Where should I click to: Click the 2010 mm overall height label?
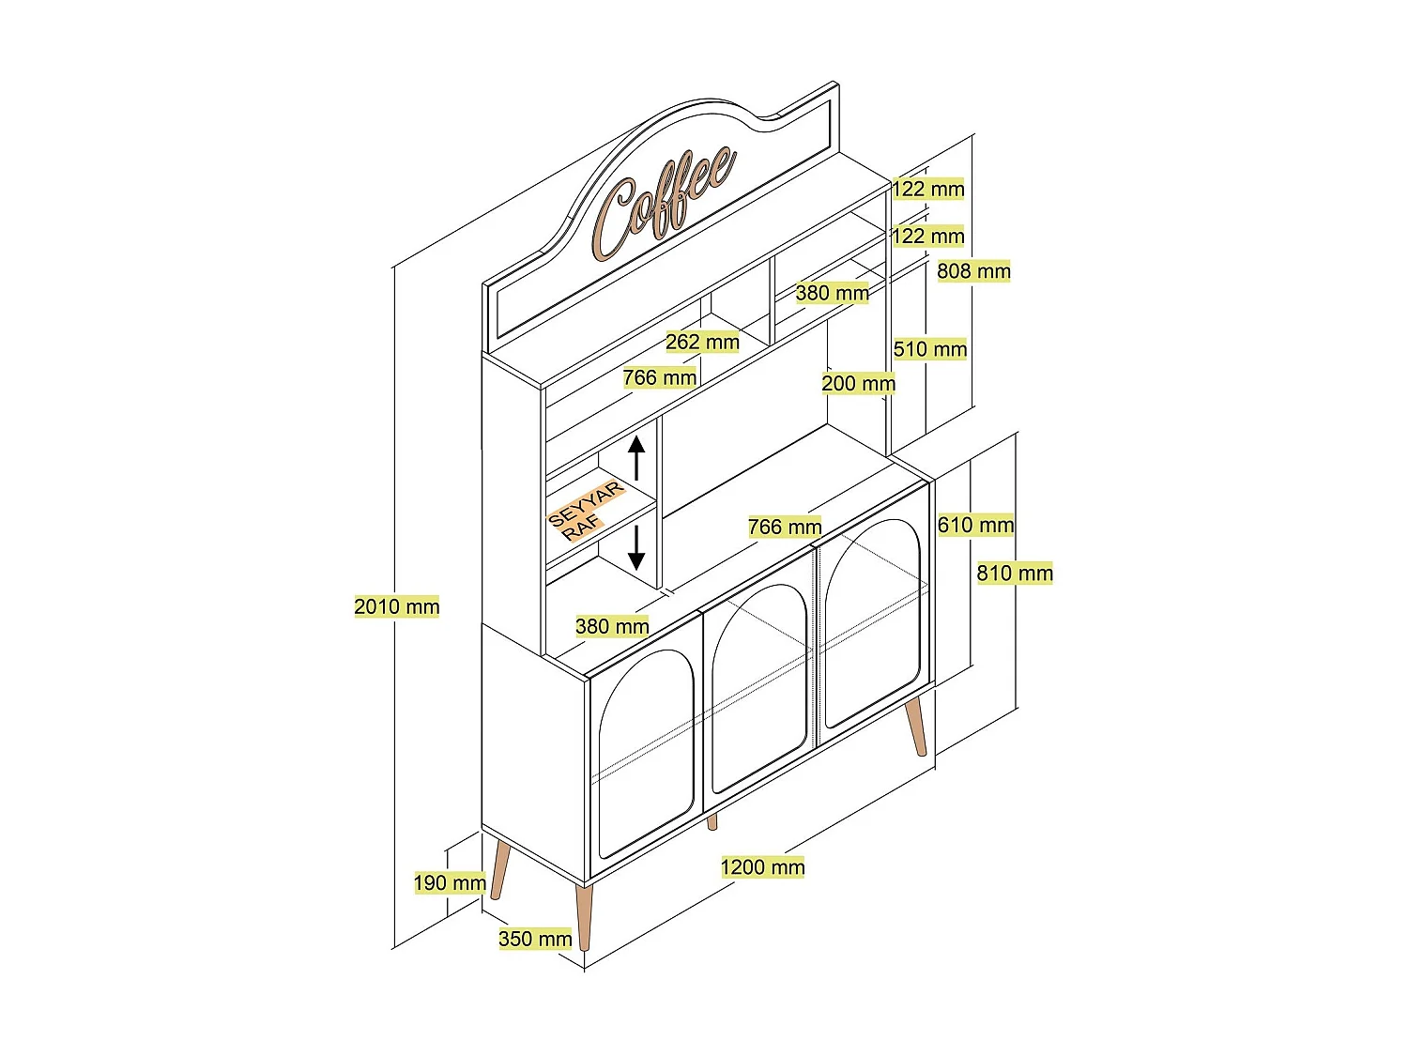396,606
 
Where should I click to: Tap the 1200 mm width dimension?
762,867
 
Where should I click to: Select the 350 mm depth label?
535,939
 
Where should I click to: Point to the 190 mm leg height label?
450,882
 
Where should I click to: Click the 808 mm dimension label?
973,271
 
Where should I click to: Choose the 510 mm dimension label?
929,349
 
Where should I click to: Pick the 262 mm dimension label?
702,342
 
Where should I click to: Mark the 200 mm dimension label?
858,383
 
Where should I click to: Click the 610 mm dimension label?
975,525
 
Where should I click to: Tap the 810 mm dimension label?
1015,573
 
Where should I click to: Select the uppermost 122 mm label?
927,189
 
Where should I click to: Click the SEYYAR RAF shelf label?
585,511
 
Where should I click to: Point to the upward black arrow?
637,457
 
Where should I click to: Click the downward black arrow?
636,547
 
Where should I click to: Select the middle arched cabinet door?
758,691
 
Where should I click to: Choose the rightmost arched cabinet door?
870,624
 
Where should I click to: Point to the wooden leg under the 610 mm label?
916,727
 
